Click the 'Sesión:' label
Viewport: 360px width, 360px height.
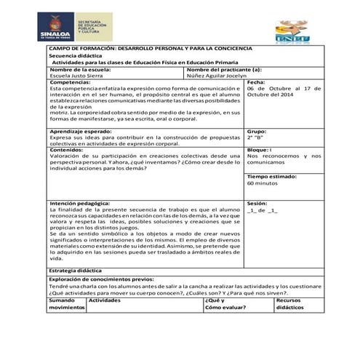258,203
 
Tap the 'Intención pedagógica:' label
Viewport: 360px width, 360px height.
81,203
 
